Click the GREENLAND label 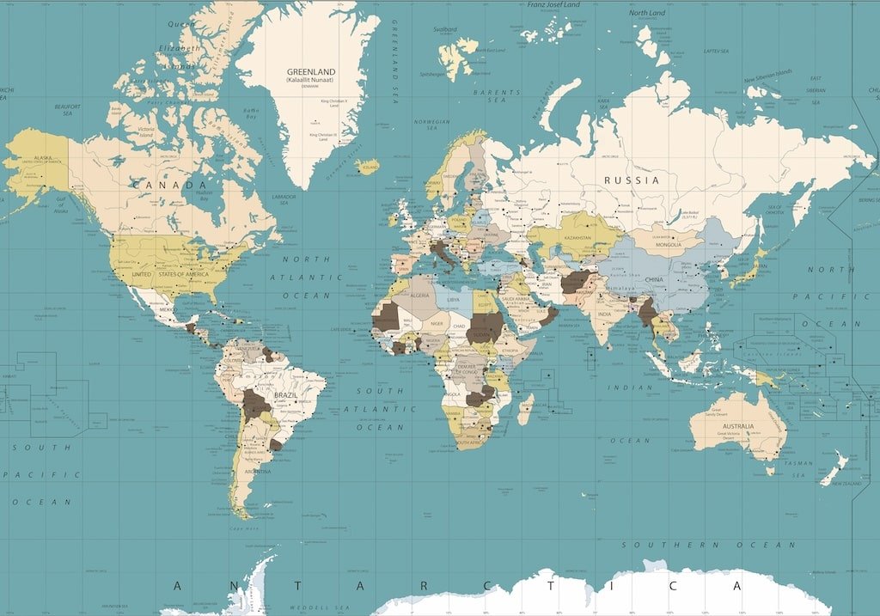[311, 72]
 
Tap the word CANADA [169, 185]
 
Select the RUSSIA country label [632, 180]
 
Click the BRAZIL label [285, 395]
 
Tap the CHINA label [653, 280]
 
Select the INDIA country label [605, 314]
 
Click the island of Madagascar [524, 408]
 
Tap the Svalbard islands [455, 57]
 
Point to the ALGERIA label [419, 295]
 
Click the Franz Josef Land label [553, 4]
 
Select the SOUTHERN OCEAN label [708, 545]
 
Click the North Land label [647, 13]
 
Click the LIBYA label [454, 300]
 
